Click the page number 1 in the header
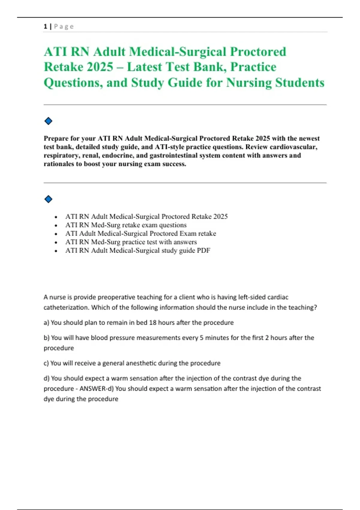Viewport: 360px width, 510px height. coord(45,26)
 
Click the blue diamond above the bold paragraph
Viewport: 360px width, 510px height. coord(48,121)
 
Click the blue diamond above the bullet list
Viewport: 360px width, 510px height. coord(48,199)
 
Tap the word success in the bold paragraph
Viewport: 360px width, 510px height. coord(173,164)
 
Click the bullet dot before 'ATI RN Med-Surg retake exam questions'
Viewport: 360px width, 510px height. coord(56,225)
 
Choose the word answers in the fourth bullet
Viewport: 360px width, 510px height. coord(185,242)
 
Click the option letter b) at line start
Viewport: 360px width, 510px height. coord(46,338)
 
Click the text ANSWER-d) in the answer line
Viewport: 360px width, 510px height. coord(97,389)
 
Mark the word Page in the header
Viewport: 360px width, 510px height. coord(64,26)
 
